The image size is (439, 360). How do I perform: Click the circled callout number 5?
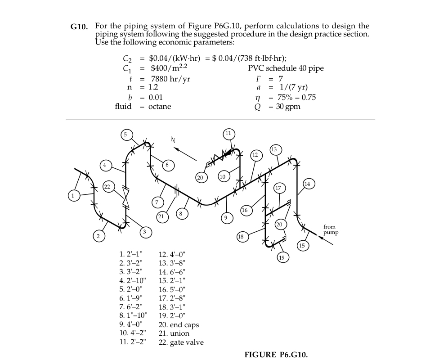click(126, 134)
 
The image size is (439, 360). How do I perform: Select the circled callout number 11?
click(228, 133)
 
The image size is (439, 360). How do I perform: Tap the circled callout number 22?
click(107, 187)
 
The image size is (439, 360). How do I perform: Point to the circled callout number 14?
click(307, 184)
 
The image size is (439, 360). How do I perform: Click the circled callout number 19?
click(282, 258)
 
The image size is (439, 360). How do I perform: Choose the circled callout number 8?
click(180, 213)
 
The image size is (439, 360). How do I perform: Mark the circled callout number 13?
click(275, 149)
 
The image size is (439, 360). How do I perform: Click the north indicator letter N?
click(172, 139)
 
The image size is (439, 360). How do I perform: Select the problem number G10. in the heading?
click(81, 27)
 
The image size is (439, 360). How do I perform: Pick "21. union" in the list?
click(174, 333)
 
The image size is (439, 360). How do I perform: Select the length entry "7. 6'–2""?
click(133, 307)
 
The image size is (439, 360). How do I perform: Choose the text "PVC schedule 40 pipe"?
click(286, 68)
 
